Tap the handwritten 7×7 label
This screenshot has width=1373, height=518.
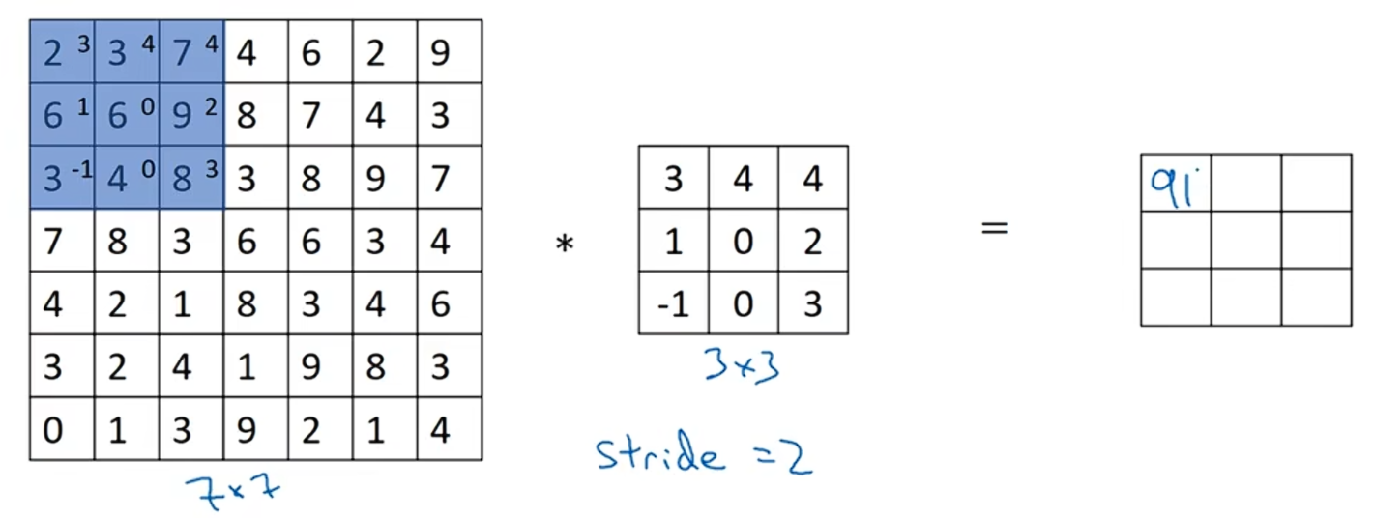tap(231, 491)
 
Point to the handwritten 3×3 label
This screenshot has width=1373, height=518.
tap(742, 367)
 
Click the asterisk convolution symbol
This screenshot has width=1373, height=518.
tap(564, 245)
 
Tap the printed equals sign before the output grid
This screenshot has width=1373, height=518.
tap(994, 229)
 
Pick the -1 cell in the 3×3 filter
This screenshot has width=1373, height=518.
tap(673, 303)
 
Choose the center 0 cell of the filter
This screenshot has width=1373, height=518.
tap(743, 242)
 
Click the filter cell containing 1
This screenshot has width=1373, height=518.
tap(673, 242)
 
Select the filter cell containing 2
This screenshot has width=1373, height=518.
tap(812, 242)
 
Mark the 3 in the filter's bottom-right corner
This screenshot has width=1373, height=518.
tap(812, 303)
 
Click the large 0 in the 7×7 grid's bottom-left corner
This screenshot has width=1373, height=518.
tap(53, 430)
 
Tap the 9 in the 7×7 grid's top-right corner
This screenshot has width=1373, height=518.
tap(440, 52)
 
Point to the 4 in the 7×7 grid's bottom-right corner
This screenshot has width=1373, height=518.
tap(440, 430)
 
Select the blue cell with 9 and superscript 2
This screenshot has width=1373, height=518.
tap(190, 115)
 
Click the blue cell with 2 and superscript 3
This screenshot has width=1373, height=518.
tap(62, 52)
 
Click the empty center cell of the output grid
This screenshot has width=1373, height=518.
tap(1245, 240)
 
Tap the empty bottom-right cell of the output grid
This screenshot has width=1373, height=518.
tap(1316, 297)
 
